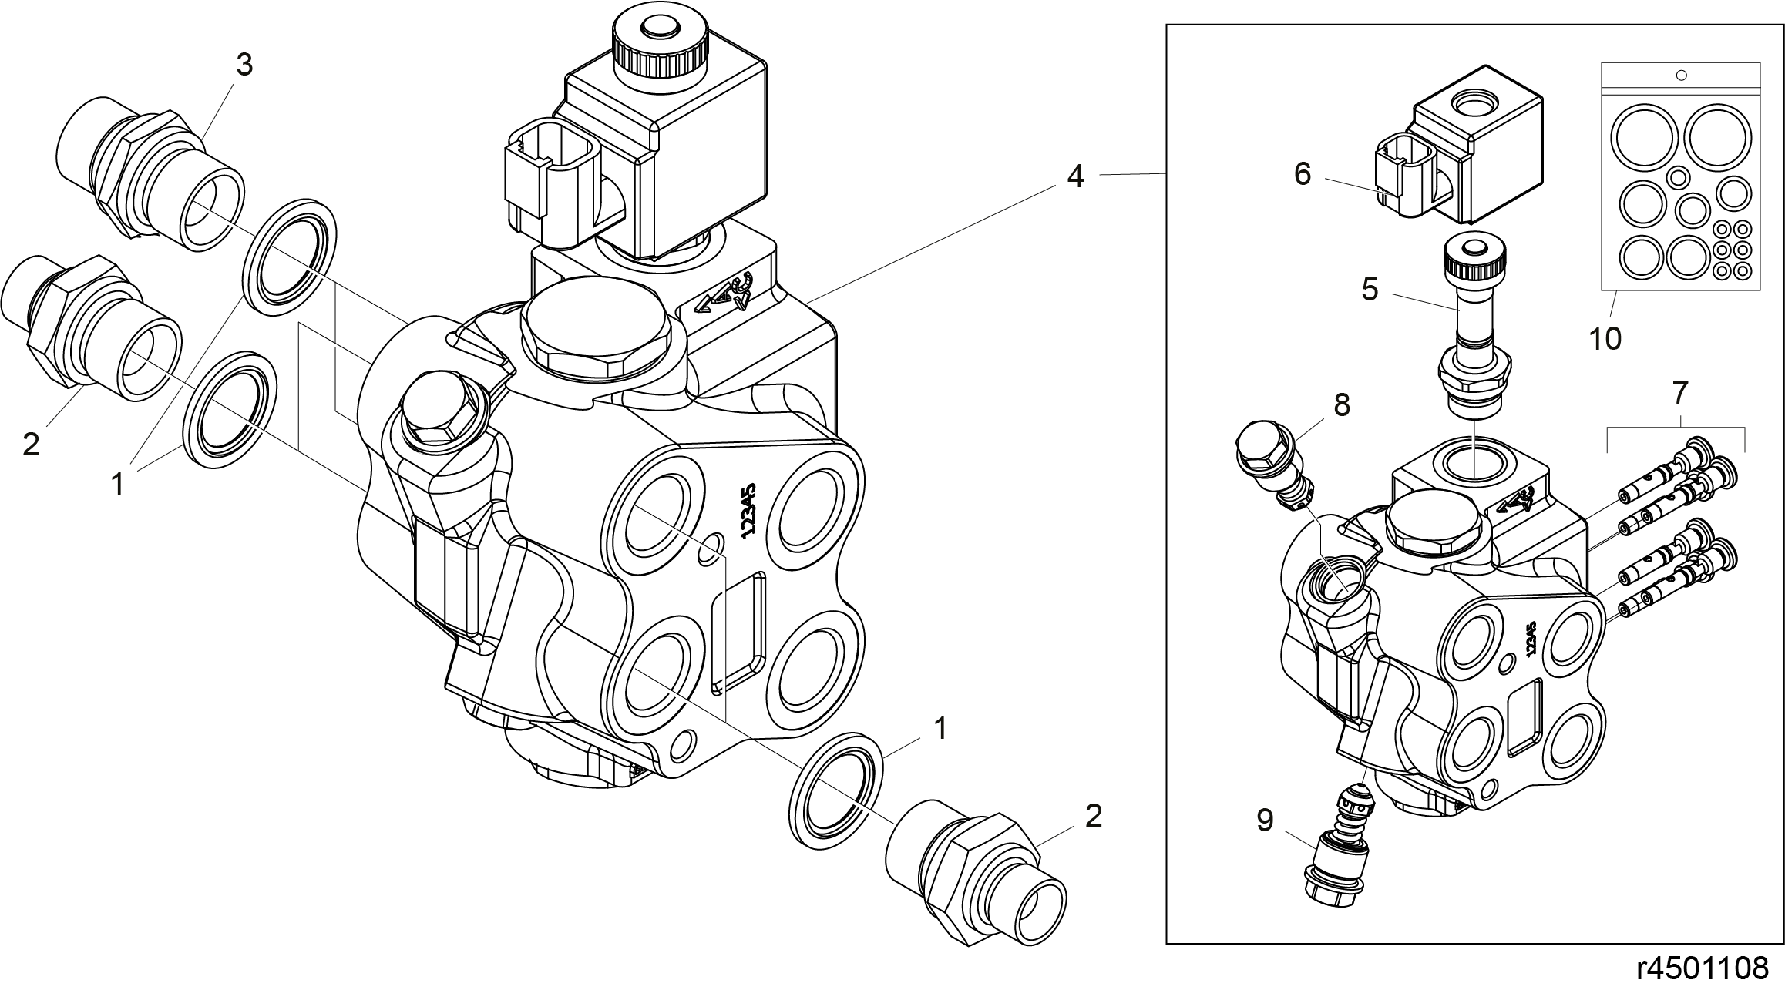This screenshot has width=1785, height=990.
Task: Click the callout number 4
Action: click(1075, 176)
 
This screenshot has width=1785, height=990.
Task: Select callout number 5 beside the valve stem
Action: click(1370, 290)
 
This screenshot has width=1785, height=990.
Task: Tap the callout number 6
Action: click(1303, 175)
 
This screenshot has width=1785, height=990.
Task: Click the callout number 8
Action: click(1342, 404)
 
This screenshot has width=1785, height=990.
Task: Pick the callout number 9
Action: click(1266, 821)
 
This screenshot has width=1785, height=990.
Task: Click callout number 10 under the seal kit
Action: click(1605, 338)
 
